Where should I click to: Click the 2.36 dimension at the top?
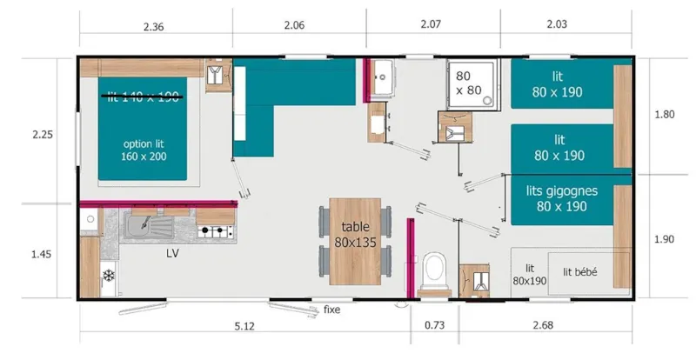[154, 27]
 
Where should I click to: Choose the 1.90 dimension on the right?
[664, 239]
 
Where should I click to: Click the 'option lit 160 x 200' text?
[144, 150]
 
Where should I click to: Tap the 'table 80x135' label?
[355, 235]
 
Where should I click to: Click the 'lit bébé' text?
[579, 272]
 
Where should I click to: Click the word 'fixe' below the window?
[331, 309]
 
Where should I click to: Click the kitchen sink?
[149, 229]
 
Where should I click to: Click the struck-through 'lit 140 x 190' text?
[144, 97]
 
